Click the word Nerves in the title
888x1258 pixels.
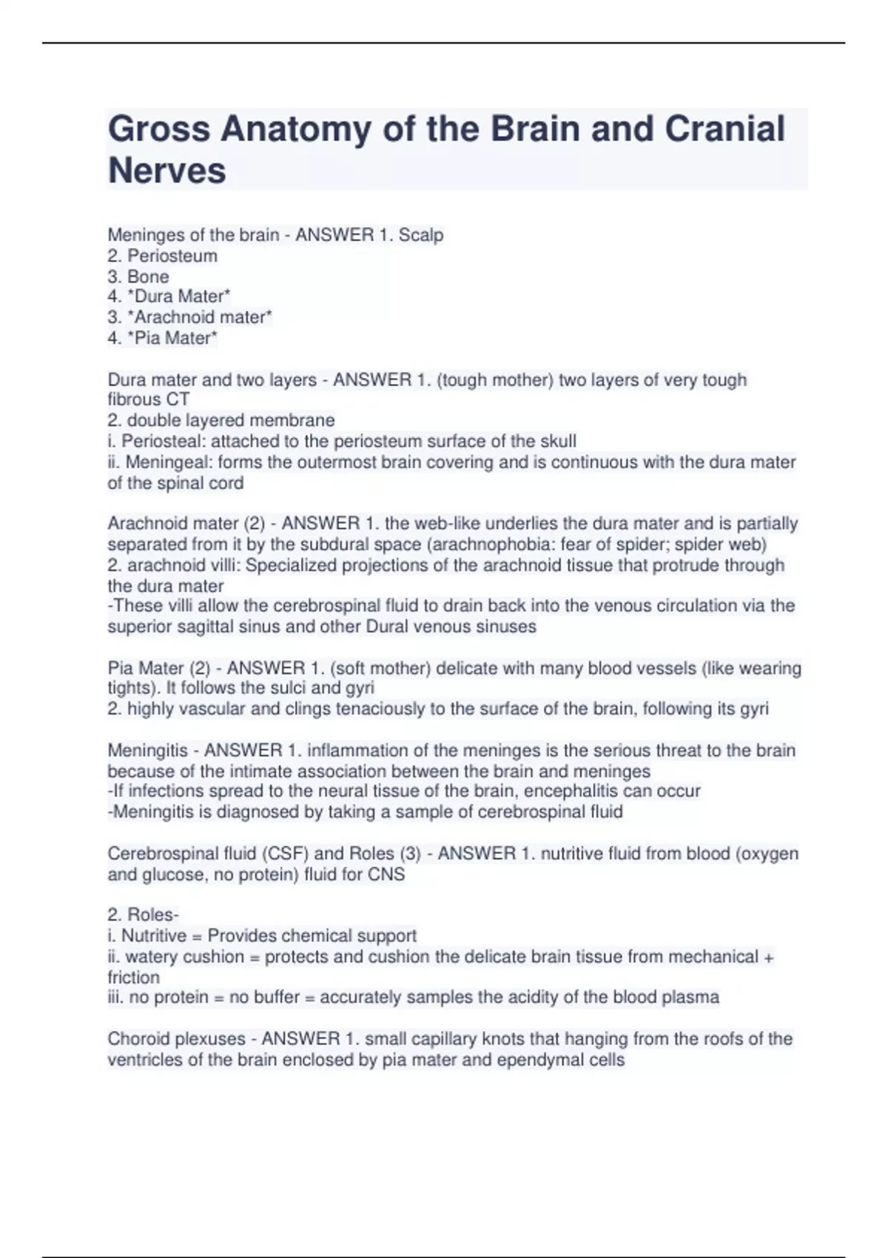tap(167, 171)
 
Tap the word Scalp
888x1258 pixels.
tap(421, 235)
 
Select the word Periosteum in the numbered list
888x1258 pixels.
tap(172, 256)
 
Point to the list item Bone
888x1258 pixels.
tap(148, 277)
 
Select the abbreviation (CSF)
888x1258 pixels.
tap(286, 853)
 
